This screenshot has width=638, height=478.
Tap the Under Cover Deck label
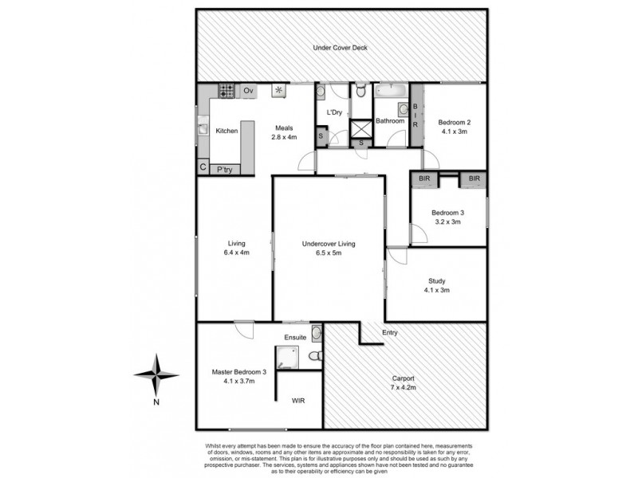tap(340, 48)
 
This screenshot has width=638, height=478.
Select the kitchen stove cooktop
tap(226, 90)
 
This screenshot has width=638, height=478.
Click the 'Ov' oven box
tap(248, 90)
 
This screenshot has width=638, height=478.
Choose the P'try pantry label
tap(226, 169)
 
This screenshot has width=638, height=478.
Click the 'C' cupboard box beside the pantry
tap(203, 168)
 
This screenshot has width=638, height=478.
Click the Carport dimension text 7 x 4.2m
tap(403, 388)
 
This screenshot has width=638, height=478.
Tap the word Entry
tap(390, 332)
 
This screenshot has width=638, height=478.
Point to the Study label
tap(435, 280)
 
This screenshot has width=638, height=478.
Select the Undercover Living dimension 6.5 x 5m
tap(328, 254)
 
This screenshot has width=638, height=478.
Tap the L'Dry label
tap(333, 112)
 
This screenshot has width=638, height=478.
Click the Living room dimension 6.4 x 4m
tap(236, 253)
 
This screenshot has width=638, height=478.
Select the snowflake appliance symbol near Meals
tap(279, 90)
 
